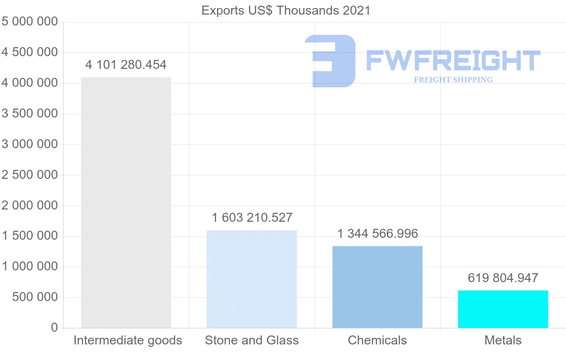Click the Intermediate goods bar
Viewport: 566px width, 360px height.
click(126, 202)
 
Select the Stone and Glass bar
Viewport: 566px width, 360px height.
click(252, 279)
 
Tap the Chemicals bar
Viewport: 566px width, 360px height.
click(377, 287)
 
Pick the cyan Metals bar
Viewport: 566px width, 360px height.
click(503, 309)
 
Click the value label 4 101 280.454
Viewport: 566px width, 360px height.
click(126, 65)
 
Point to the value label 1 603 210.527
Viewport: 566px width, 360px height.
click(252, 218)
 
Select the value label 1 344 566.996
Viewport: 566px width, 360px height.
click(377, 234)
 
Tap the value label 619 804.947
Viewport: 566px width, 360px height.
click(503, 278)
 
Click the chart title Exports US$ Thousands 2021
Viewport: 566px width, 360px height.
click(286, 10)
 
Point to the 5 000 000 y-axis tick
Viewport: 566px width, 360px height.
click(30, 22)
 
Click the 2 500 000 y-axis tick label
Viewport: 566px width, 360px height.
click(30, 175)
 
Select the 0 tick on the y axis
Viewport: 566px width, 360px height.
click(54, 328)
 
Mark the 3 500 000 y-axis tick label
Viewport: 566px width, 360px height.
click(30, 114)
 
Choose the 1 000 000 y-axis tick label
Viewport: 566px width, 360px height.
click(30, 267)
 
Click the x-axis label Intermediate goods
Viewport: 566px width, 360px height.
click(128, 341)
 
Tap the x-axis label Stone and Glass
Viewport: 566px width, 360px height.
click(252, 341)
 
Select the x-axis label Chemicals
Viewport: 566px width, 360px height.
click(377, 341)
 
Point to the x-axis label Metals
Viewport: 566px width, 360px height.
click(503, 341)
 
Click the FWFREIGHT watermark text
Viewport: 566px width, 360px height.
click(453, 60)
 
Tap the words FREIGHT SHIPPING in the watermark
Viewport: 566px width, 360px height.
click(453, 80)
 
